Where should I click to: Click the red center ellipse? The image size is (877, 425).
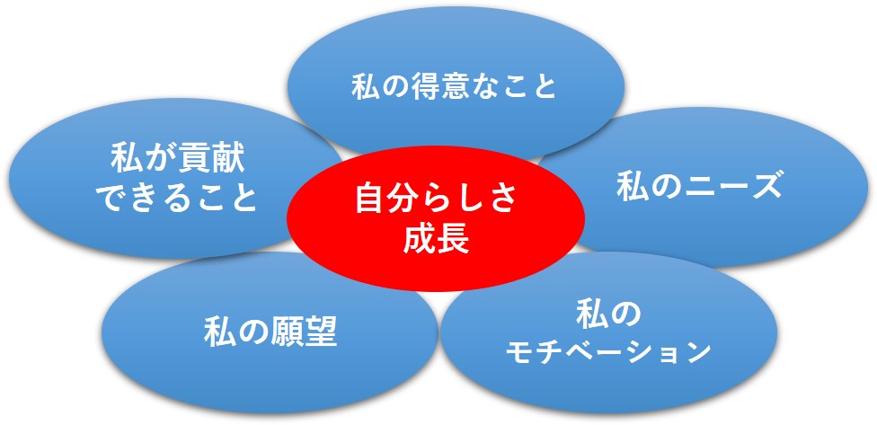(x=436, y=218)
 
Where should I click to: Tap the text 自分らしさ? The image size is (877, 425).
(x=436, y=200)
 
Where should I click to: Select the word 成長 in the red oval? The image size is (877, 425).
(x=436, y=241)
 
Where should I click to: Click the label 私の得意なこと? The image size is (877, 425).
(x=454, y=87)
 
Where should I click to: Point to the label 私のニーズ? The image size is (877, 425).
(x=699, y=186)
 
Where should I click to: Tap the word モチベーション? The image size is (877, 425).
(x=608, y=351)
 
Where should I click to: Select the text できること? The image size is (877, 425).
(x=178, y=199)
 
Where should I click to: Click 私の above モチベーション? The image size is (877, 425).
(x=608, y=316)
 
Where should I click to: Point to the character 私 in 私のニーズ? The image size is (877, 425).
(x=632, y=186)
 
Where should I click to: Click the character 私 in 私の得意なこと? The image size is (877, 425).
(x=367, y=87)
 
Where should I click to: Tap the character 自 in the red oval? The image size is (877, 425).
(x=371, y=200)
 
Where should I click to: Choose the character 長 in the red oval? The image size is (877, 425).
(x=453, y=241)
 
